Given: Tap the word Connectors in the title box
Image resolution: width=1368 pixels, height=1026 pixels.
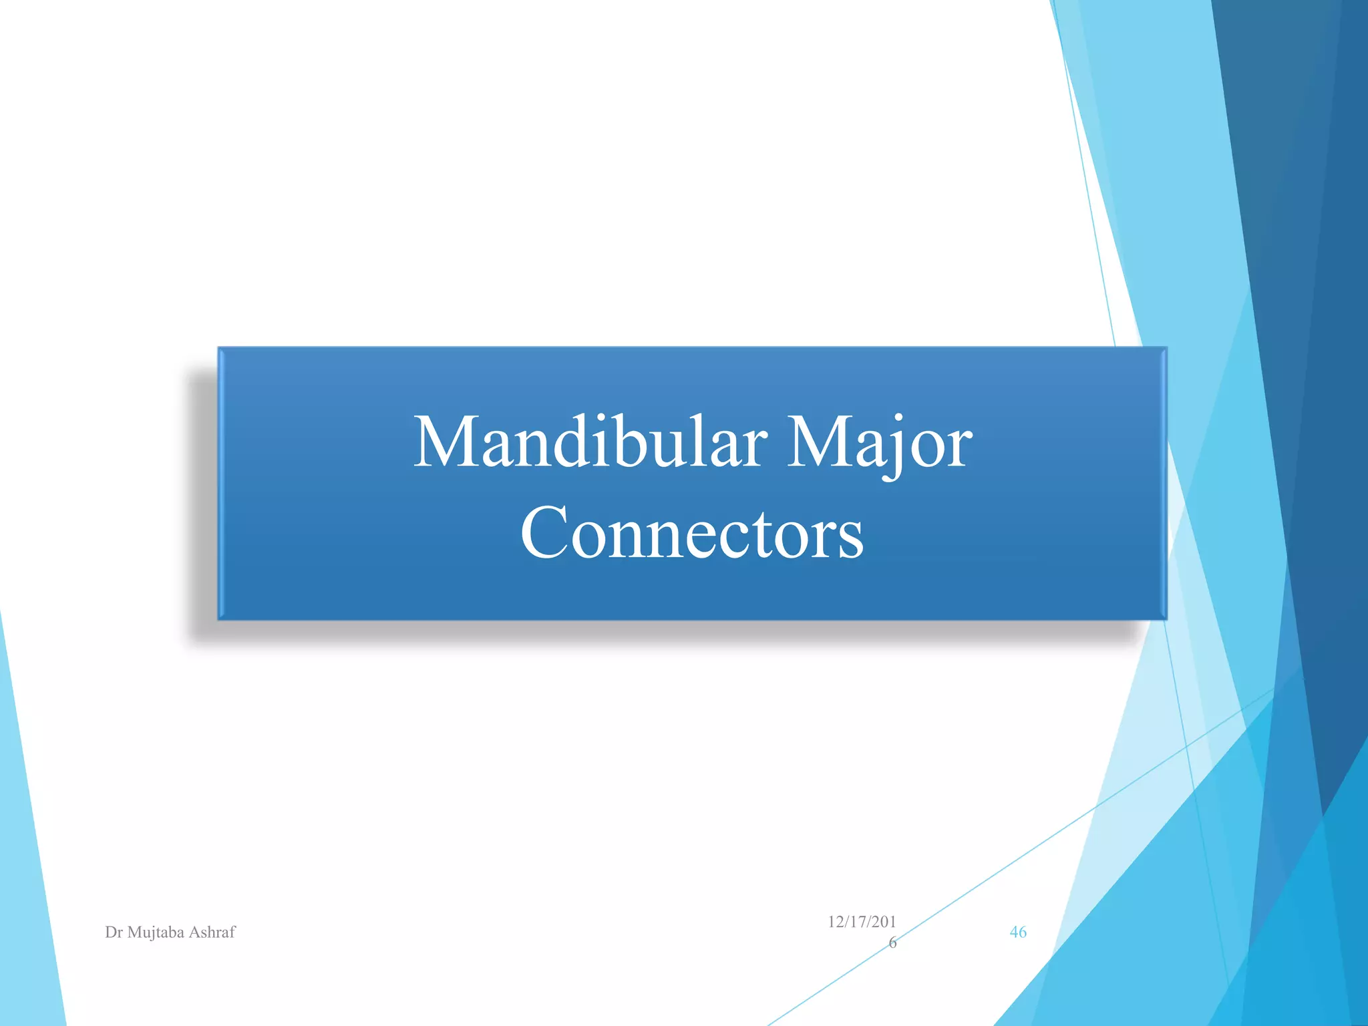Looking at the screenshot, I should coord(692,533).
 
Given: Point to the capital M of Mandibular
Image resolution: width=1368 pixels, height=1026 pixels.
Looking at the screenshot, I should coord(446,442).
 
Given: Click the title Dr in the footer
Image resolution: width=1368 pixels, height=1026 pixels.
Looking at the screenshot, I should coord(114,932).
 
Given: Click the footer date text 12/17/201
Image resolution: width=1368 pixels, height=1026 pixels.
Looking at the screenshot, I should coord(862,922).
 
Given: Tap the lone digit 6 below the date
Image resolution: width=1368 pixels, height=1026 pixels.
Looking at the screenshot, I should coord(892,943).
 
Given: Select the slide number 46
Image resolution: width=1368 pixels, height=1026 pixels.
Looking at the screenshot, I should coord(1018,932).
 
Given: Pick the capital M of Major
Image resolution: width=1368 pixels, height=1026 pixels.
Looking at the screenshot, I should coord(819,442).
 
